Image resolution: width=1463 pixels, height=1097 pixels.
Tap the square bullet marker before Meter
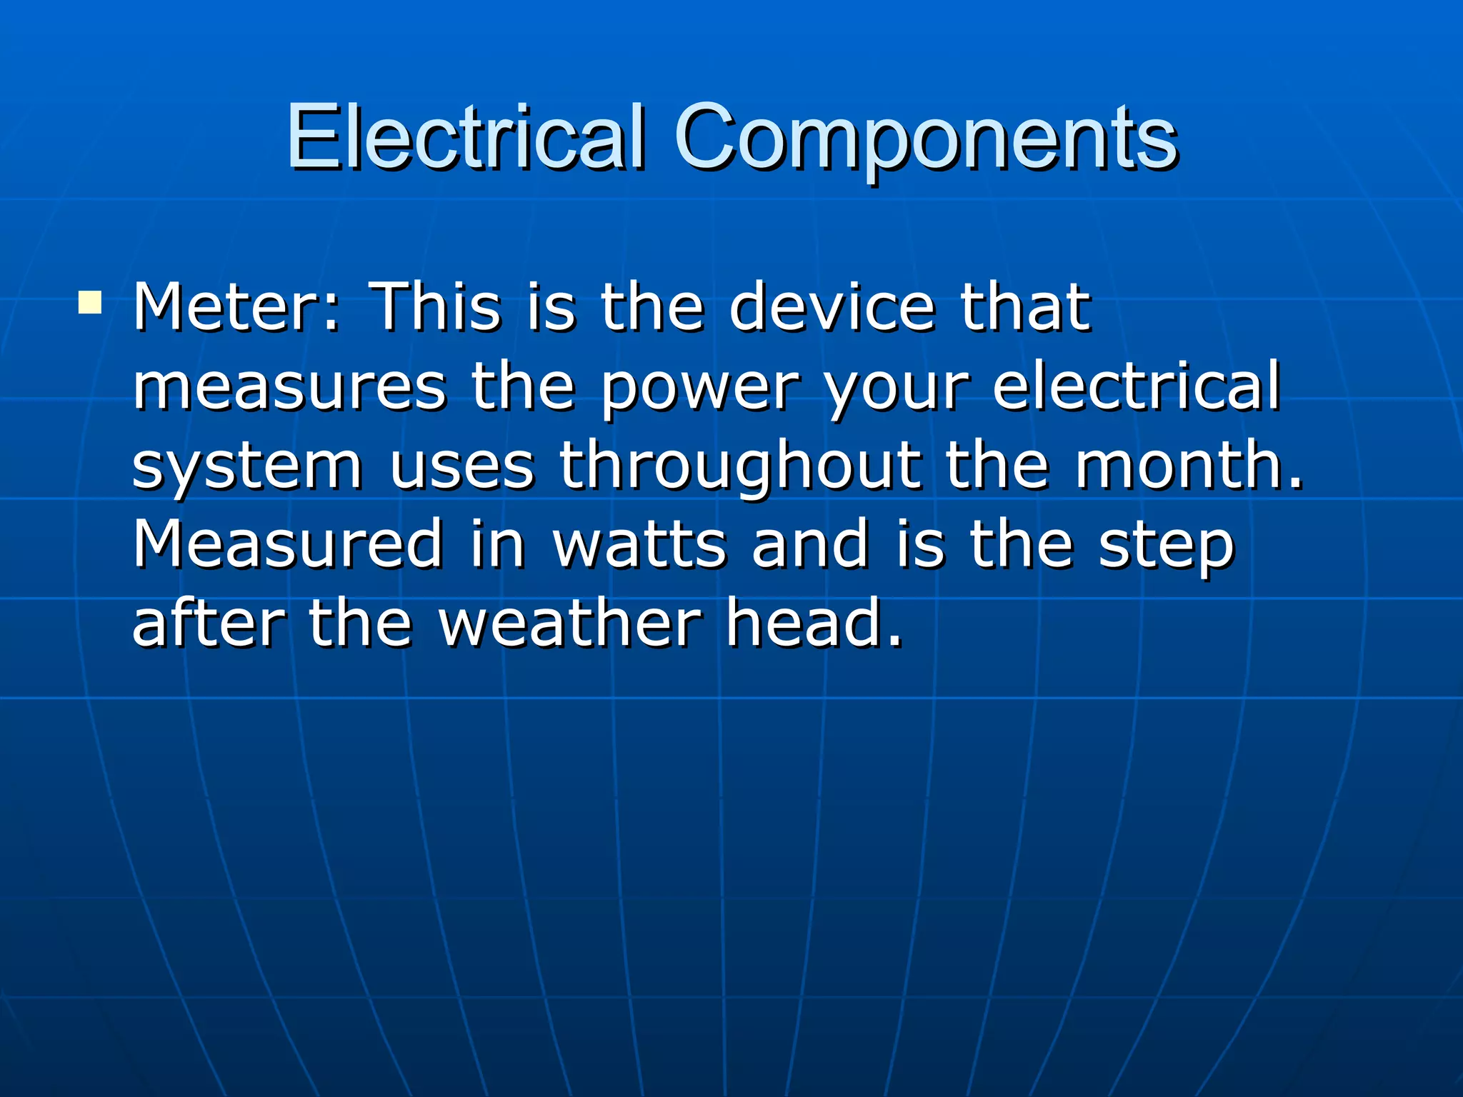[90, 303]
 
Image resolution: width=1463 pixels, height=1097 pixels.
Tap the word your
[897, 389]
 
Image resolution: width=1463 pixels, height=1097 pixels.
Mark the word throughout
[739, 468]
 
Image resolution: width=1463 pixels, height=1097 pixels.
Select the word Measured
[288, 544]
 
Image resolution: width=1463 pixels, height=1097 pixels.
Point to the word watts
[640, 544]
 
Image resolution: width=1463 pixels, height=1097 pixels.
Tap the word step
[1167, 546]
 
